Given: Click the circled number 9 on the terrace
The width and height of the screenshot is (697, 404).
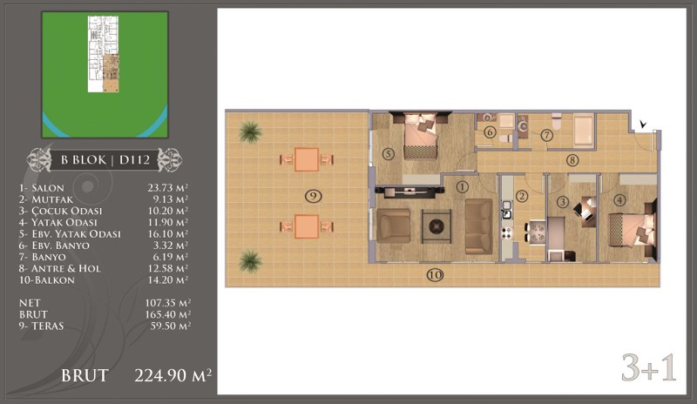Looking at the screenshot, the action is pos(313,196).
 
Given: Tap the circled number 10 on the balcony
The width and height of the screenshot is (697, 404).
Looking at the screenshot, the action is pos(435,275).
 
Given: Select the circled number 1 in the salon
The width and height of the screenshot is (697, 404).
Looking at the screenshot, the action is pos(463,186).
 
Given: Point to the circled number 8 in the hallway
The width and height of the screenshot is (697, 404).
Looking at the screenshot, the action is pos(572,160).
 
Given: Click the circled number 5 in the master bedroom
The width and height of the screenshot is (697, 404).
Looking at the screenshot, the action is pos(388,154).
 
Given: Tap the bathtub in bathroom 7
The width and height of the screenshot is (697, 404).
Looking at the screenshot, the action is pos(584,131).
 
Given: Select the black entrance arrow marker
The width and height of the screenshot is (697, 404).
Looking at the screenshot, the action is pos(643,124).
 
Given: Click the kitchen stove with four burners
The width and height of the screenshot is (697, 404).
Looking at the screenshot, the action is pos(507,232).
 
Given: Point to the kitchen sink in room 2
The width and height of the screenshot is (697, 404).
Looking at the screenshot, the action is pos(507,210).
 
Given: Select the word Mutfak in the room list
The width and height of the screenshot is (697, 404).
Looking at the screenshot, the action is pos(52,199).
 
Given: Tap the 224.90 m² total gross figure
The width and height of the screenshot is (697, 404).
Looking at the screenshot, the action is pos(173,375).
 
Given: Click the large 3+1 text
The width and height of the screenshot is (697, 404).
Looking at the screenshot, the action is pos(648,367).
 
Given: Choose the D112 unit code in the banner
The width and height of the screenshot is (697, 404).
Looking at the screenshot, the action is pos(135,159).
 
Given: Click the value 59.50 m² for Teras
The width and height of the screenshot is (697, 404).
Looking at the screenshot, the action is pos(171,326).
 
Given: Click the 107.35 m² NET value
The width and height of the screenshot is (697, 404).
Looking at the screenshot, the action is pos(168,303).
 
